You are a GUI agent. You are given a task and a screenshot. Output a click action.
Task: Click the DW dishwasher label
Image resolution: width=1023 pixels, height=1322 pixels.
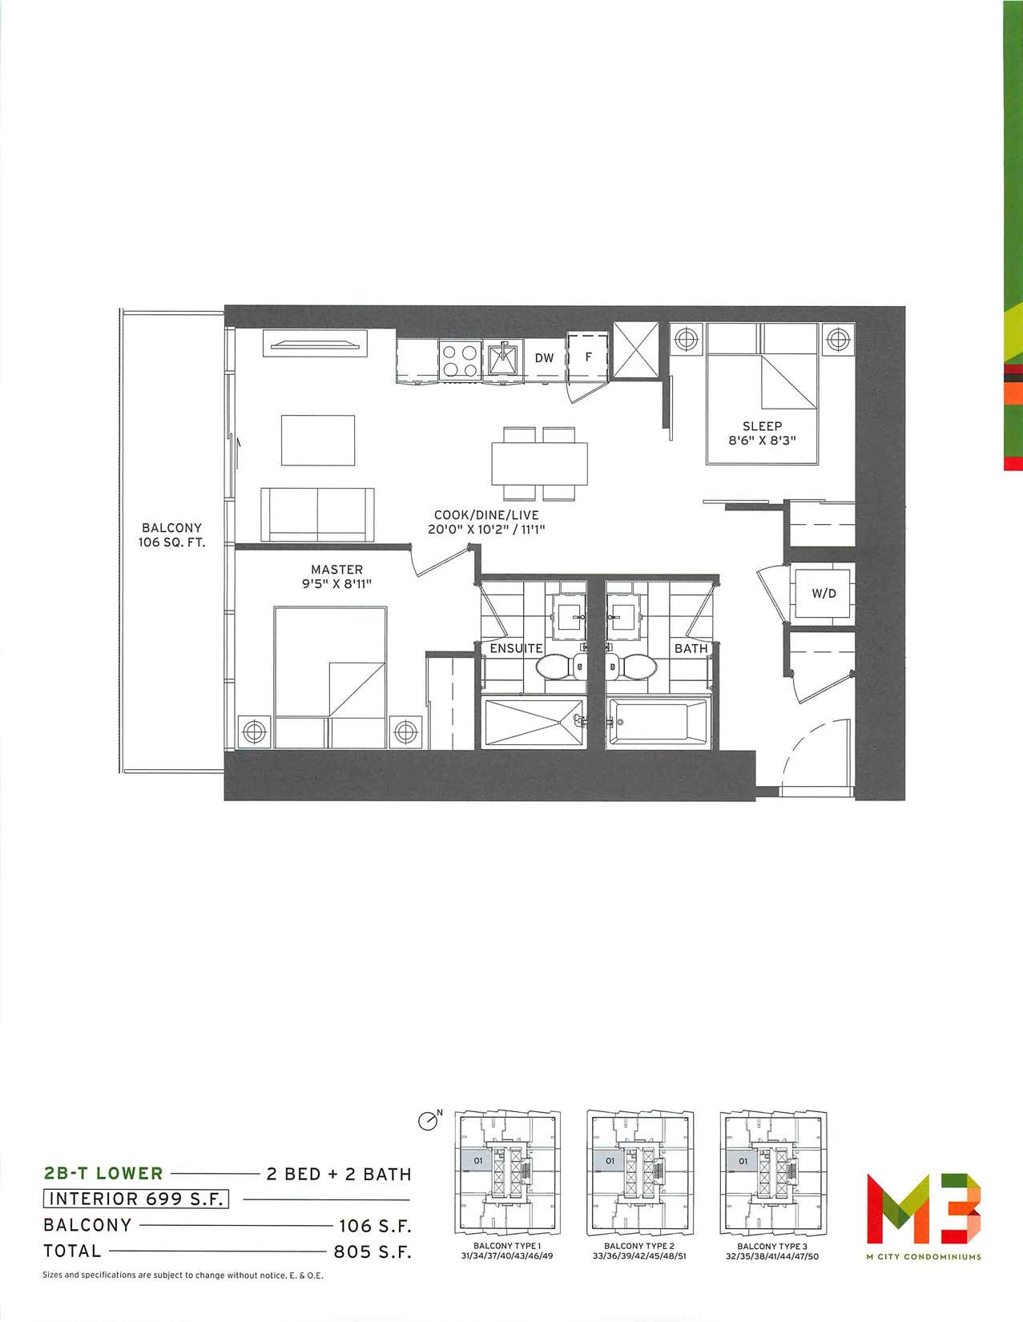544,357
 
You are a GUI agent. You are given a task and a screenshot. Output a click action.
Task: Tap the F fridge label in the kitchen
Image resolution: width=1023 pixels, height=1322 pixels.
588,357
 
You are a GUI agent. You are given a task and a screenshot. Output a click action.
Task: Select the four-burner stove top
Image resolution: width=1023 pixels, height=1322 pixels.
461,361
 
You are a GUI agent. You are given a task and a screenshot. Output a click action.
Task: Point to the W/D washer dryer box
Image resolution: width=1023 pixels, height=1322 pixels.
824,593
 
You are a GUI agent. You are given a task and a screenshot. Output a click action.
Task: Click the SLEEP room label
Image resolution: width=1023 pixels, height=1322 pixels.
762,426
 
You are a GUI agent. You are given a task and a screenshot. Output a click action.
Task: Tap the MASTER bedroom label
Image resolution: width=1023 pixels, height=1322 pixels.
337,570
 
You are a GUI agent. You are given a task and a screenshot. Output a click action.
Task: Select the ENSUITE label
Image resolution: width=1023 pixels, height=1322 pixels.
516,648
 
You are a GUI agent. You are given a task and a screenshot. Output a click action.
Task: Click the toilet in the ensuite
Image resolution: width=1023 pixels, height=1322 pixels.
561,667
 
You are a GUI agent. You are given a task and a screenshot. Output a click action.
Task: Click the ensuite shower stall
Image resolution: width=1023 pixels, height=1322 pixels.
534,722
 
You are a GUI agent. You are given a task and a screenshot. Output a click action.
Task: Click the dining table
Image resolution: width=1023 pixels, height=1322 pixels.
539,464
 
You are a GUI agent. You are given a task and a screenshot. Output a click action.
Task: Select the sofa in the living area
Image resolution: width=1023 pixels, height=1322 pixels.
317,514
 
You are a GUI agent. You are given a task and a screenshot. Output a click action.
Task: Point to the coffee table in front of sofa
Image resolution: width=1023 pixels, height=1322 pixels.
318,441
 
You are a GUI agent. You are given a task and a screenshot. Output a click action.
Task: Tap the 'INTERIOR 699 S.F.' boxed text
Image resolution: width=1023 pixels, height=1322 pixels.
136,1199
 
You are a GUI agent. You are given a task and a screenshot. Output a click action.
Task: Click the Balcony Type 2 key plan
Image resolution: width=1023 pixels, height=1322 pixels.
639,1172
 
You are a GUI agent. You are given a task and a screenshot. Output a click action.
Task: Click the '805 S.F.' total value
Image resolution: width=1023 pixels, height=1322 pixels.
373,1251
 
